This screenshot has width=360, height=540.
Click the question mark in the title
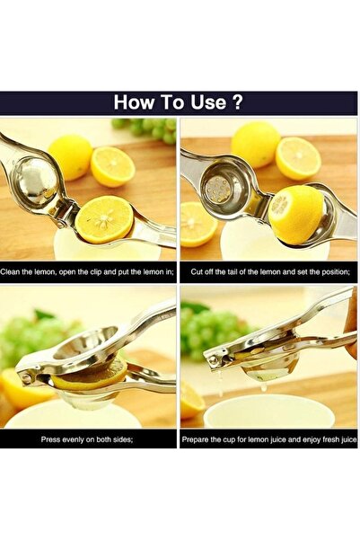[238, 102]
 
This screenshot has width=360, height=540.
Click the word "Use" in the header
[208, 102]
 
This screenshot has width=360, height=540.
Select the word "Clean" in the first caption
[10, 272]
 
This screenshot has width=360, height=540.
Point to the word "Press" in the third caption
[50, 439]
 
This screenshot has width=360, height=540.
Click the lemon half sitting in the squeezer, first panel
[104, 219]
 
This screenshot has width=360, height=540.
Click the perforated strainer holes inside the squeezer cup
[218, 190]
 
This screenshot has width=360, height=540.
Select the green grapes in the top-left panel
[147, 129]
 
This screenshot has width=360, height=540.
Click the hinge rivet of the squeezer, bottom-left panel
[25, 378]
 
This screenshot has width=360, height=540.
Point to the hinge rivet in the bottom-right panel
[213, 359]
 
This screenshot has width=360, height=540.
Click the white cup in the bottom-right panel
[268, 412]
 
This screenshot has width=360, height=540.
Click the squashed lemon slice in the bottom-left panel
[90, 377]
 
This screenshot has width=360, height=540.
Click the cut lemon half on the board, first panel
[112, 167]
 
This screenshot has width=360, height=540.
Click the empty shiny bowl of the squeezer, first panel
[34, 181]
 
